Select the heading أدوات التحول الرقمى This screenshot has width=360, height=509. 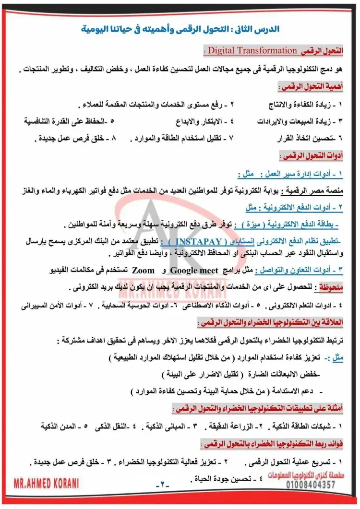tap(318, 156)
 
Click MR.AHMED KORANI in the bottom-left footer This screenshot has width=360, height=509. tap(47, 482)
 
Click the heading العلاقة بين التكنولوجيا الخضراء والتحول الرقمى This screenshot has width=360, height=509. tap(283, 322)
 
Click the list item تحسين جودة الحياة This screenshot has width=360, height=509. tap(228, 479)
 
